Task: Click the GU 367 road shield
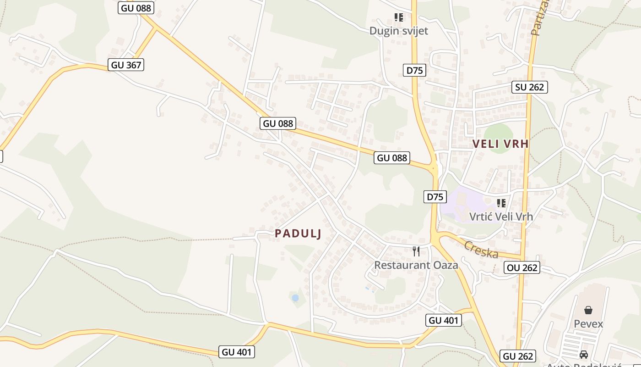point(126,65)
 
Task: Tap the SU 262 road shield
point(530,87)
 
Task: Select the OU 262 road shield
point(522,267)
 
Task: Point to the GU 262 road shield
point(518,356)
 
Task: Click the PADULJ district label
point(298,234)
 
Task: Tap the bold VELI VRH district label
point(500,144)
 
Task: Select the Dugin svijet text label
point(399,31)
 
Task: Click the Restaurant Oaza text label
point(416,265)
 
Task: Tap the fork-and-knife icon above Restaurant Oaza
point(416,251)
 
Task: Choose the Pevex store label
point(588,324)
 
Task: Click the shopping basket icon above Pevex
point(588,310)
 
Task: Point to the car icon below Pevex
point(584,355)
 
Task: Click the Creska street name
point(481,250)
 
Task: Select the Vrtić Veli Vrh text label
point(501,217)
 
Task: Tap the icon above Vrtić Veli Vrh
point(501,203)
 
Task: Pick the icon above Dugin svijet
point(399,17)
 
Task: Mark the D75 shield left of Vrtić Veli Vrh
point(435,197)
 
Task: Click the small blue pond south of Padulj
point(295,298)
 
